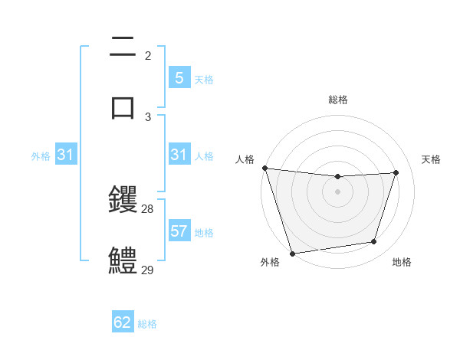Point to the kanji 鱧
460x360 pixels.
[x=123, y=260]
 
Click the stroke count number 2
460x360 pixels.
[x=148, y=56]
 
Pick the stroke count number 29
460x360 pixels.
[x=148, y=270]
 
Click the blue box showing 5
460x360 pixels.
[x=179, y=77]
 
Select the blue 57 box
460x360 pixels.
[x=179, y=231]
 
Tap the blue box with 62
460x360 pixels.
[x=123, y=322]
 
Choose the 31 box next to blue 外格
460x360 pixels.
[x=66, y=155]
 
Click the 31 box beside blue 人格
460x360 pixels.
[x=179, y=155]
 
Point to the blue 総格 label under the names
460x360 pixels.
[x=147, y=324]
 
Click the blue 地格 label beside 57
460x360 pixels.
[x=204, y=233]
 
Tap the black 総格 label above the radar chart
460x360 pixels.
[x=337, y=100]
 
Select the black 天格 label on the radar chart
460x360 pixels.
[x=431, y=159]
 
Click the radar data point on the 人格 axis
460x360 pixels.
[x=264, y=168]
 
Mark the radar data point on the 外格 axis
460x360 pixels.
[x=292, y=253]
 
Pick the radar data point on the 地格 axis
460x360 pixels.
[x=374, y=242]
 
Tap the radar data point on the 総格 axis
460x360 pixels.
[x=337, y=177]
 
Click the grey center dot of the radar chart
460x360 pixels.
[x=337, y=191]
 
